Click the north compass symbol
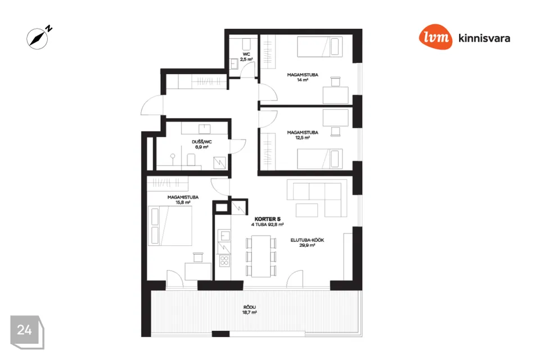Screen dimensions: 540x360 (37, 38)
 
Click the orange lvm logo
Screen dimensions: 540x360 (435, 37)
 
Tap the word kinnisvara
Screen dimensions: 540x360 (484, 38)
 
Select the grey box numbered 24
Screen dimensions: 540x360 (27, 332)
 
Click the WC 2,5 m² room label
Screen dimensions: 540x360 (246, 57)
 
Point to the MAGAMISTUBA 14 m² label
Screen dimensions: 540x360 (303, 77)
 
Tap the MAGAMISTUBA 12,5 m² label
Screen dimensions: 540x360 (303, 135)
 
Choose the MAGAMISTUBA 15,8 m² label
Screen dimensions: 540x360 (183, 200)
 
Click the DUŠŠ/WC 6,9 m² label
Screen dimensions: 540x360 (202, 145)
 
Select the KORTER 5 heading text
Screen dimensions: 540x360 (267, 219)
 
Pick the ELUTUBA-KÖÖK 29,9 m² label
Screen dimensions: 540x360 (307, 242)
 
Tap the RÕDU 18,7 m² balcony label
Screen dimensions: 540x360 (250, 310)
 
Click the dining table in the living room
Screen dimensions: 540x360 (261, 256)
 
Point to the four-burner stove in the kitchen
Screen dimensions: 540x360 (224, 260)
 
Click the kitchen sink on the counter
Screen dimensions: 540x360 (225, 236)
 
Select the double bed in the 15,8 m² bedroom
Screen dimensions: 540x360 (170, 226)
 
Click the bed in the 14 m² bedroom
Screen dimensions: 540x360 (319, 47)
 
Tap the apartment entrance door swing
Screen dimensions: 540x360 (152, 105)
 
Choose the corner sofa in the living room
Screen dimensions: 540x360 (317, 198)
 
